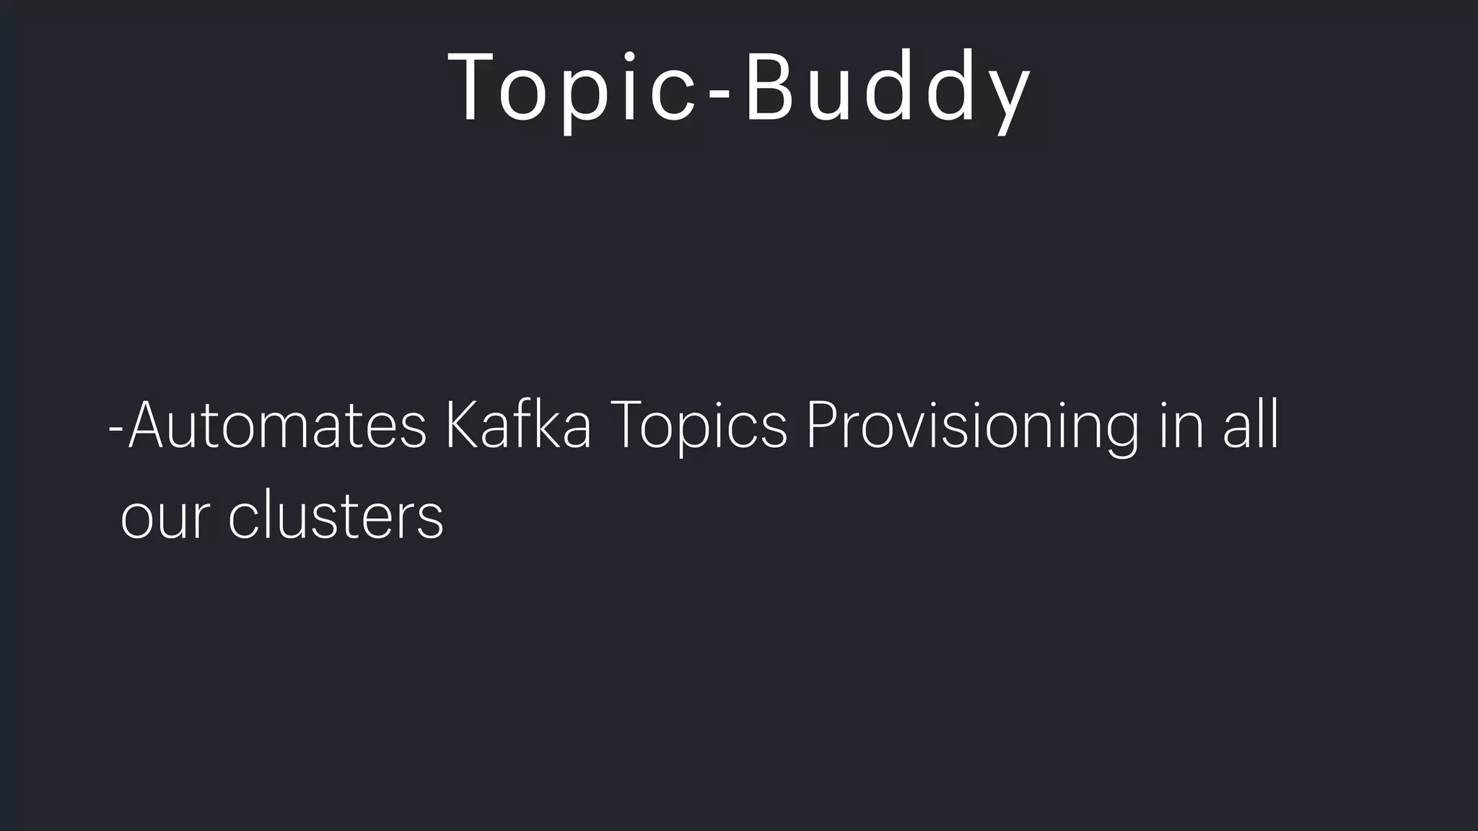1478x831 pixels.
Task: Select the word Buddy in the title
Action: point(888,88)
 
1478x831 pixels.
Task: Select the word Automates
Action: point(278,426)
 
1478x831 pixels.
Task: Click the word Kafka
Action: point(518,426)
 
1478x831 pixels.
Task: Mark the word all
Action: point(1251,426)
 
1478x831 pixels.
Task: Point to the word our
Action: point(165,516)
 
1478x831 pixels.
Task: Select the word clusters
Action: point(336,515)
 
